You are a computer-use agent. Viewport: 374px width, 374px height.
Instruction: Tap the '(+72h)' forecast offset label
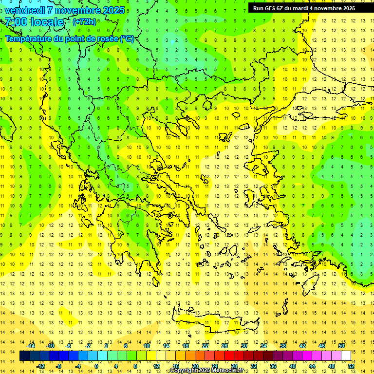pos(84,21)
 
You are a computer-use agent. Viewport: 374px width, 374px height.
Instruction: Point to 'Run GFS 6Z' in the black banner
pos(268,8)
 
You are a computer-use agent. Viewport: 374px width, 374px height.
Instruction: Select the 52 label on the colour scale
pos(351,366)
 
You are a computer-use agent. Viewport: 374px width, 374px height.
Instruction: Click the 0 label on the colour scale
pos(96,366)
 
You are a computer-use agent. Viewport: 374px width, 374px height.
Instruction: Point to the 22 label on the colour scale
pos(205,346)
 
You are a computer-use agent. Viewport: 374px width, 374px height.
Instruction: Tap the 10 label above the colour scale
pos(147,346)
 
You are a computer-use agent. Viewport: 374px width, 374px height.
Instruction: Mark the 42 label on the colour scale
pos(302,346)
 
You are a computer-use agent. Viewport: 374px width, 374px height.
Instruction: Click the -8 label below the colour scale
pos(59,366)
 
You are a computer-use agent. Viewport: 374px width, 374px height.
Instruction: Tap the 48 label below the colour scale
pos(332,366)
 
